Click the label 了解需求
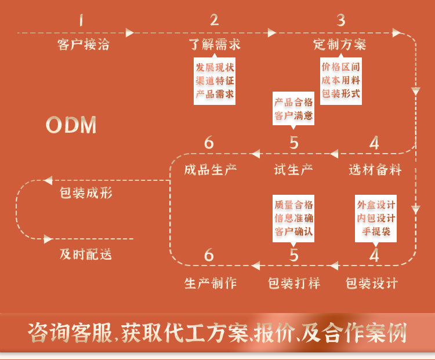[x=215, y=45]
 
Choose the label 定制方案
[x=340, y=45]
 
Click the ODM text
[x=71, y=125]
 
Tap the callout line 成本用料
[x=341, y=80]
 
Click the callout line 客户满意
[x=293, y=115]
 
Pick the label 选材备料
[x=375, y=170]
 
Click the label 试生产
[x=293, y=170]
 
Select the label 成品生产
[x=210, y=170]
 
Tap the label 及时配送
[x=85, y=254]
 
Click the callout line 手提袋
[x=376, y=231]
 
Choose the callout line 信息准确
[x=293, y=219]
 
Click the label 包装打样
[x=293, y=283]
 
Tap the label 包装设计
[x=372, y=283]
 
